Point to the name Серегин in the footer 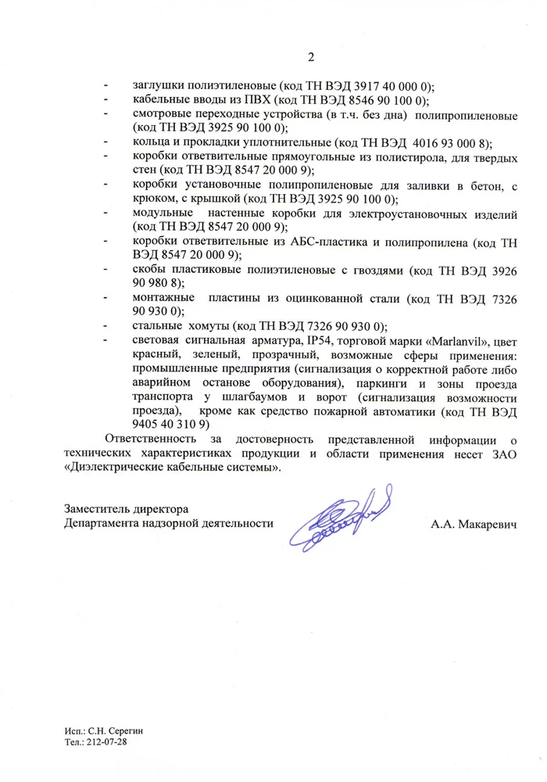[x=124, y=730]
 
